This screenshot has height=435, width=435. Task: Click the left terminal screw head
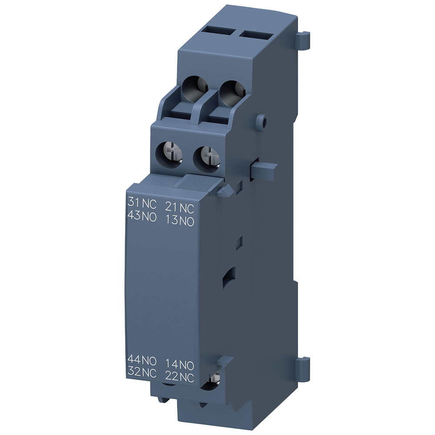169,153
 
